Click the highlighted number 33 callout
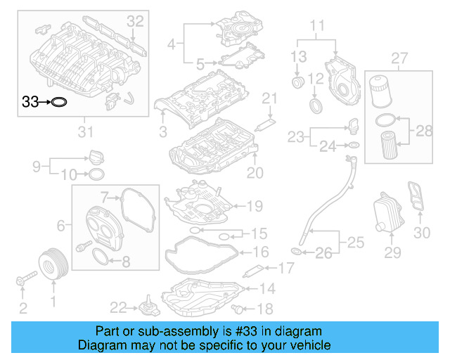tap(31, 102)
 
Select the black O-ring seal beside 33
tap(61, 102)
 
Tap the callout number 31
tap(84, 131)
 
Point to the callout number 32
tap(135, 21)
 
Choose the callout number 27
tap(399, 57)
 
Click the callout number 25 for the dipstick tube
tap(356, 243)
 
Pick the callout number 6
tap(61, 225)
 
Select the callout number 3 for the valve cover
tap(162, 131)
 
